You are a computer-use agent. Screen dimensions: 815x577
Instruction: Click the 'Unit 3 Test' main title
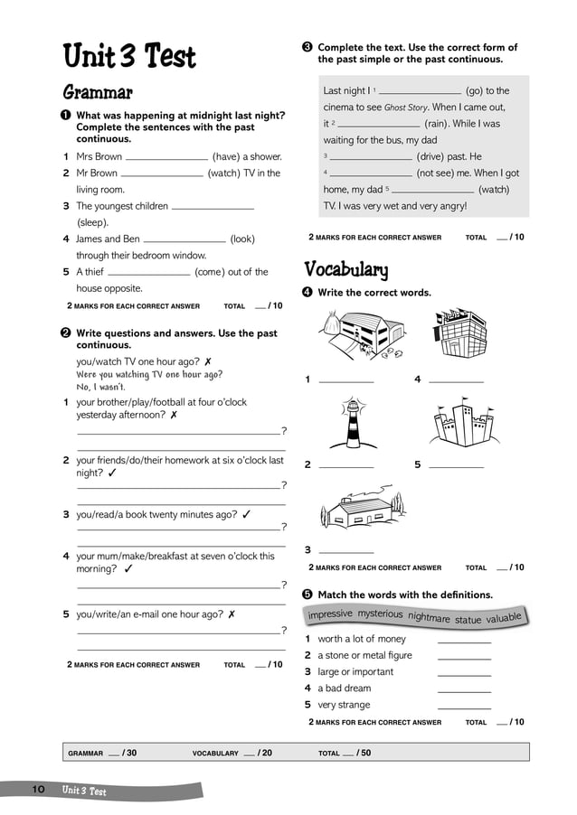point(129,57)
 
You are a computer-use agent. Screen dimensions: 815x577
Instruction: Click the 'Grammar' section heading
point(98,92)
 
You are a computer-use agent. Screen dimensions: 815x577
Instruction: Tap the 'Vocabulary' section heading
point(346,269)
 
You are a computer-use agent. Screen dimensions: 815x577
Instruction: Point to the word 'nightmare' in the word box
point(429,618)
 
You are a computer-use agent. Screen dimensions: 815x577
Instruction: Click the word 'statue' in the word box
point(468,621)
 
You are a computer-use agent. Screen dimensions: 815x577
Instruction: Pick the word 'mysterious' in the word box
point(380,614)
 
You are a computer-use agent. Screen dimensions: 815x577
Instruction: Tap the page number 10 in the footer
point(39,790)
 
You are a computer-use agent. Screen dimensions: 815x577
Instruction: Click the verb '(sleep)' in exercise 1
point(92,222)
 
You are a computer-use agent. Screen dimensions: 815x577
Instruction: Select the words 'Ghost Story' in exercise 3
point(406,108)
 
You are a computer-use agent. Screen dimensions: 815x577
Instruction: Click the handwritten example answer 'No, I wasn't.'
point(101,388)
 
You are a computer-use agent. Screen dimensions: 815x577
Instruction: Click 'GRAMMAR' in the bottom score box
point(86,753)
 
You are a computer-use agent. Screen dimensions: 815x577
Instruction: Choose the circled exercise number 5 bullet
point(307,595)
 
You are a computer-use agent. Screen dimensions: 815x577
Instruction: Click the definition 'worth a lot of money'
point(362,639)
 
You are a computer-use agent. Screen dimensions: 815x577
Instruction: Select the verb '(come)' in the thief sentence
point(210,272)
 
